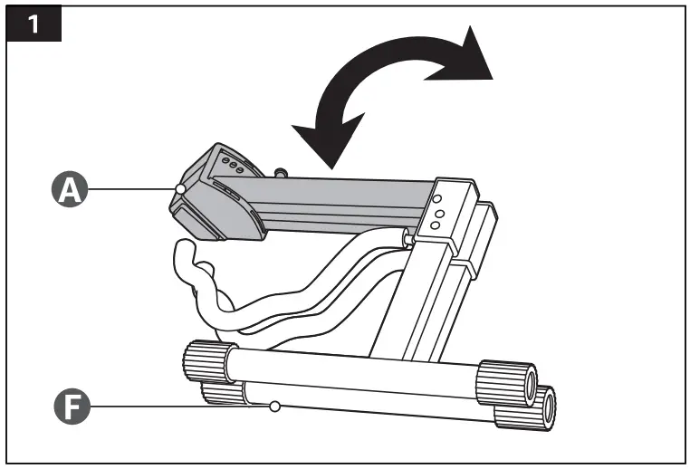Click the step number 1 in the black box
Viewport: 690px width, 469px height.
pyautogui.click(x=34, y=24)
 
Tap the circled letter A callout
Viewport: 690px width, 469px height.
pyautogui.click(x=70, y=189)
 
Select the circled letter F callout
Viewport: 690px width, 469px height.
pyautogui.click(x=72, y=407)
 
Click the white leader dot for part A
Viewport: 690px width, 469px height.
pyautogui.click(x=180, y=189)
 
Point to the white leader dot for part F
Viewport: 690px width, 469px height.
pyautogui.click(x=275, y=407)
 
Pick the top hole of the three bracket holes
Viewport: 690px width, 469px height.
pyautogui.click(x=436, y=199)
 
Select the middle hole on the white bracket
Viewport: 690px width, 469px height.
pyautogui.click(x=439, y=215)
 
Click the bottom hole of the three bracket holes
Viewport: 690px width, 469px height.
pyautogui.click(x=436, y=225)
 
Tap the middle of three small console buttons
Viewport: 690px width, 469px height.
pyautogui.click(x=233, y=166)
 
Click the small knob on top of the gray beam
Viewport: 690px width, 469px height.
pyautogui.click(x=279, y=172)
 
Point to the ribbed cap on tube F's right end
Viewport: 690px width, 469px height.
pyautogui.click(x=526, y=408)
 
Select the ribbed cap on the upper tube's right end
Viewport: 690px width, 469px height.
pyautogui.click(x=507, y=384)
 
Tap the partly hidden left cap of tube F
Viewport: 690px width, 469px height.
pyautogui.click(x=222, y=392)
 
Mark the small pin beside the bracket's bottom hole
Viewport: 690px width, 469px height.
pyautogui.click(x=408, y=239)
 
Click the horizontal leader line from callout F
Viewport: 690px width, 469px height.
pyautogui.click(x=180, y=407)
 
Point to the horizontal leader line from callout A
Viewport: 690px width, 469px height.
pyautogui.click(x=131, y=189)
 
